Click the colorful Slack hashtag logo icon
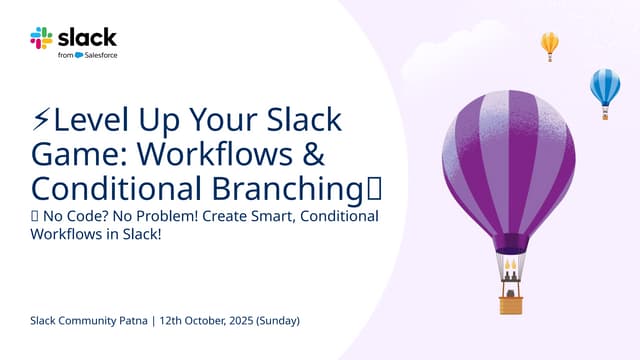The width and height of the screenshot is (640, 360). [x=41, y=38]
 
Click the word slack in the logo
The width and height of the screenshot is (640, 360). [x=87, y=37]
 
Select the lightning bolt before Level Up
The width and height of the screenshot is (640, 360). [x=41, y=122]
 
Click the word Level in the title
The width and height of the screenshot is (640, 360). [x=87, y=122]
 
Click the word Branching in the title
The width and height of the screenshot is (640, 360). [x=293, y=188]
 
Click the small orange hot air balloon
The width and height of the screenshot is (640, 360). [x=549, y=44]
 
